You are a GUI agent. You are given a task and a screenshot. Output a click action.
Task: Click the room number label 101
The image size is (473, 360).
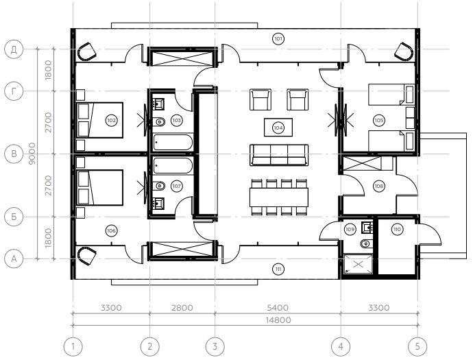click(278, 39)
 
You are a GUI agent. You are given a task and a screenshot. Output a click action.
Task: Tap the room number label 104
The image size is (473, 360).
click(278, 128)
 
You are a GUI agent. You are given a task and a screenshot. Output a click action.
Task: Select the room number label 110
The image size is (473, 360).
click(397, 229)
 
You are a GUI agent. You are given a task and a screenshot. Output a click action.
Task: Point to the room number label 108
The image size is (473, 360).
click(379, 187)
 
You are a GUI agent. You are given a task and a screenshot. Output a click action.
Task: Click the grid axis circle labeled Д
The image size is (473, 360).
click(14, 49)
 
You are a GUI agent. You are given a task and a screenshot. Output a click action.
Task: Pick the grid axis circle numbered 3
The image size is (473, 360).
click(215, 346)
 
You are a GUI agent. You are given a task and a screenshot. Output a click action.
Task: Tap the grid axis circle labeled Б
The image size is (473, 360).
click(14, 217)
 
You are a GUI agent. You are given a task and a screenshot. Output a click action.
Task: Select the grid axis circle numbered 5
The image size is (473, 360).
click(417, 346)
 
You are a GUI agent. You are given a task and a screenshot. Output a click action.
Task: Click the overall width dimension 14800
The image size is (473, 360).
click(278, 320)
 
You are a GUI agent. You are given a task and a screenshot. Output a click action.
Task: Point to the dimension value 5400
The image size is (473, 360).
click(278, 308)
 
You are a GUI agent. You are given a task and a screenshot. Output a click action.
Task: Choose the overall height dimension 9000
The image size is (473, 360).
click(32, 154)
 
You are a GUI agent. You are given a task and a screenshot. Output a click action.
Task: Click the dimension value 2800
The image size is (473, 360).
click(182, 308)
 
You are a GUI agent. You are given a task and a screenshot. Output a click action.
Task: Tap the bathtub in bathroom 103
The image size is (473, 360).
click(173, 143)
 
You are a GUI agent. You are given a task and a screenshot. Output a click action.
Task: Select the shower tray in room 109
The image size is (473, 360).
click(358, 264)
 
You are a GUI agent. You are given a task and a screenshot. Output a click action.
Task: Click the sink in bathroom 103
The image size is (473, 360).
click(158, 104)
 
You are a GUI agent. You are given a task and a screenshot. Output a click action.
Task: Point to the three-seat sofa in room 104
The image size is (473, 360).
click(279, 155)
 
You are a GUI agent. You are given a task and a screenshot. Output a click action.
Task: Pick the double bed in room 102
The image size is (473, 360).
click(100, 120)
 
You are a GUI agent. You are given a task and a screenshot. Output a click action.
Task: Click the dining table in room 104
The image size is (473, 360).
click(279, 197)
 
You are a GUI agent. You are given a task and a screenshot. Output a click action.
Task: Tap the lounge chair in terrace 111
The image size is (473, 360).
click(87, 255)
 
